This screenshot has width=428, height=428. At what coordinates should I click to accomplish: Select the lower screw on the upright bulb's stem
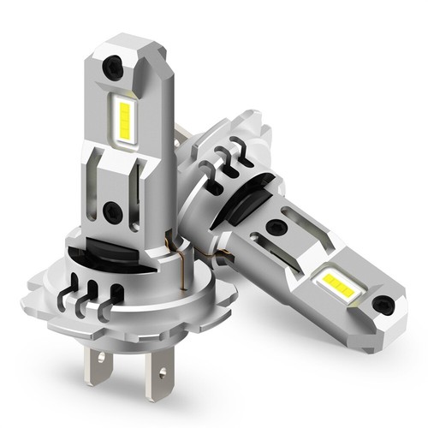[111, 211]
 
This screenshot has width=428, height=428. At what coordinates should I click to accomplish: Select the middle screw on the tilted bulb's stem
[275, 228]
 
